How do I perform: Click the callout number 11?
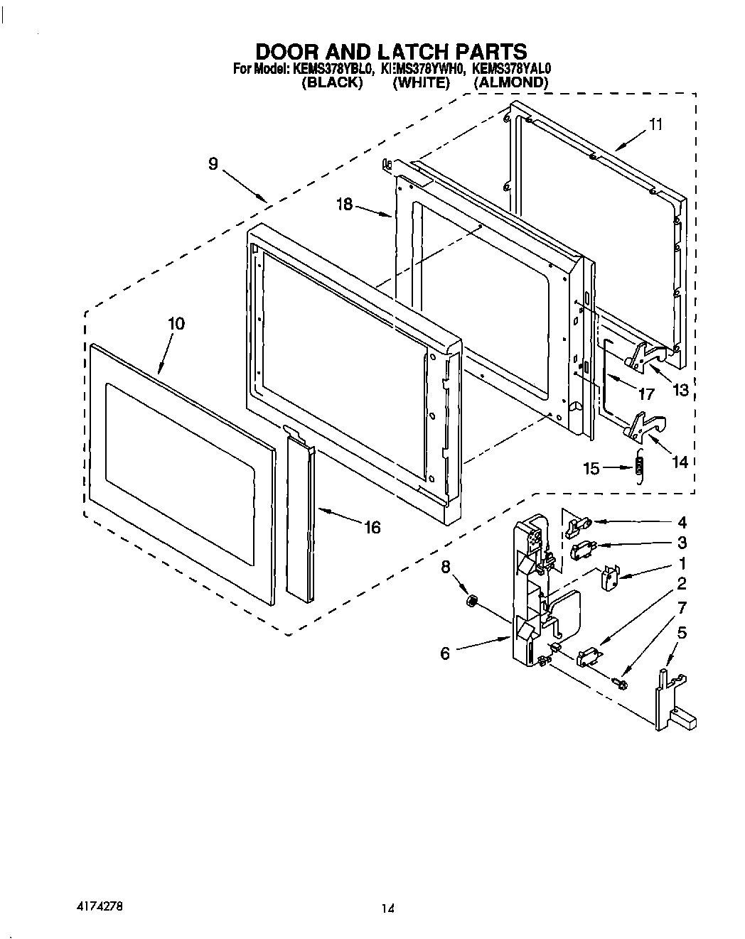click(x=655, y=125)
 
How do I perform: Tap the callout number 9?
click(x=213, y=163)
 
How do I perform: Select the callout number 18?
click(x=345, y=205)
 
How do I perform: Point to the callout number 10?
click(x=176, y=324)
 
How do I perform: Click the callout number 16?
click(x=372, y=528)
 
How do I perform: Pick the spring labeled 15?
click(x=638, y=466)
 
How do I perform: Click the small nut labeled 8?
click(x=470, y=602)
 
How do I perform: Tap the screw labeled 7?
click(x=619, y=683)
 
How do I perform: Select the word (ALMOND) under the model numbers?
click(x=511, y=82)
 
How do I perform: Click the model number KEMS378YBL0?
click(x=331, y=69)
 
